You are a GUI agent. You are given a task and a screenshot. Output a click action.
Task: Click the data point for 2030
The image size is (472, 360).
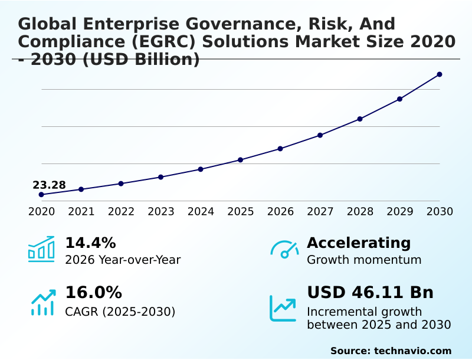[x=440, y=74]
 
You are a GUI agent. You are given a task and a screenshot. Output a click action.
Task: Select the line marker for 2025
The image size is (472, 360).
[x=241, y=160]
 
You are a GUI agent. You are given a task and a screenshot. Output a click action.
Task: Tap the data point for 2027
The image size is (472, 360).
[x=320, y=135]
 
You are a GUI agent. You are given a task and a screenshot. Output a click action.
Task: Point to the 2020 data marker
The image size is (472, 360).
[x=41, y=195]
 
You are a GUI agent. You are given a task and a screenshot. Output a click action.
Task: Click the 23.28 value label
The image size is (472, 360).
[x=49, y=185]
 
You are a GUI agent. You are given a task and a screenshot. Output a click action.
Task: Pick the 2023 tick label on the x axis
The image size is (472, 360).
[x=161, y=212]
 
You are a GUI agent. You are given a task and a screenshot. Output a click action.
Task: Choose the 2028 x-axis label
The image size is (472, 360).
[x=360, y=212]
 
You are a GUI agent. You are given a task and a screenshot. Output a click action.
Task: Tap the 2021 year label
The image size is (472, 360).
[x=81, y=212]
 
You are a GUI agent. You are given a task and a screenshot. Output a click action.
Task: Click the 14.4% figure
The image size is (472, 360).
[x=90, y=243]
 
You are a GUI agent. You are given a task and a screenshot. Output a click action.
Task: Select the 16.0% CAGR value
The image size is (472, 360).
[x=93, y=293]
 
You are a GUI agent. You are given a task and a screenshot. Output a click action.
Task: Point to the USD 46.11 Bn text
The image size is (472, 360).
[x=370, y=293]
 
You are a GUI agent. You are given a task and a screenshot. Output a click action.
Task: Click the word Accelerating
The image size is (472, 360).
[x=359, y=243]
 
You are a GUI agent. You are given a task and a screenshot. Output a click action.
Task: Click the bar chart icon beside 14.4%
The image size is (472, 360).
[x=41, y=249]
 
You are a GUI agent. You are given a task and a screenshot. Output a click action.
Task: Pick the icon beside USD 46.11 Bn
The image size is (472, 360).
[x=283, y=307]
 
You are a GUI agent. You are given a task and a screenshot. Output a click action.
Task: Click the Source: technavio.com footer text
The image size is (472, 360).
[x=391, y=351]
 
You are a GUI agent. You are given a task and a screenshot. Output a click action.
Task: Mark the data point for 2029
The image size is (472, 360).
[x=400, y=99]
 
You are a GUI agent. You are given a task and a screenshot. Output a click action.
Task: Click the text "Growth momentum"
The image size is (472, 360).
[x=364, y=260]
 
